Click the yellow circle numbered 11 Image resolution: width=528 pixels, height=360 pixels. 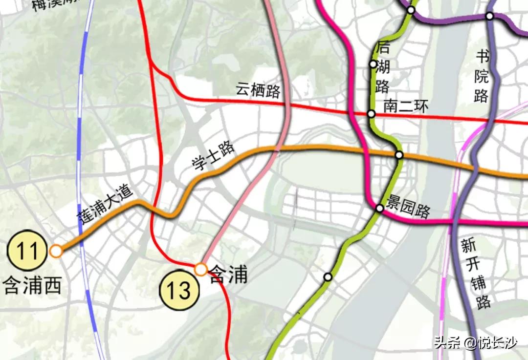(27, 251)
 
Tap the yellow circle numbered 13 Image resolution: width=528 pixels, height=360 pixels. (180, 291)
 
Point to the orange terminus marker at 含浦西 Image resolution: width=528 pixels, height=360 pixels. (56, 251)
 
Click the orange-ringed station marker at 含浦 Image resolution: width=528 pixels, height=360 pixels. (200, 269)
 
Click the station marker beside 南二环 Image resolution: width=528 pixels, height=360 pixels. (371, 114)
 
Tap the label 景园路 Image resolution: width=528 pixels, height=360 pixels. (408, 207)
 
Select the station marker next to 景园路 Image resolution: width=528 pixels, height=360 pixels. (379, 209)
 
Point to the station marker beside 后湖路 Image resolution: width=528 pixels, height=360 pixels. (373, 64)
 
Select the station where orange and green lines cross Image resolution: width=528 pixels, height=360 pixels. (399, 155)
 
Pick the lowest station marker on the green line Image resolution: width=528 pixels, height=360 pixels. (328, 277)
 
